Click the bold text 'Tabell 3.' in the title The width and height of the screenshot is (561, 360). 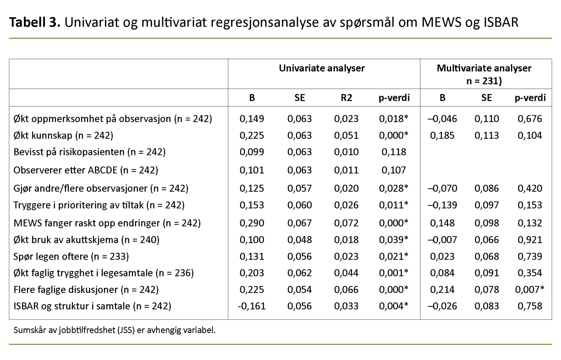[x=34, y=22]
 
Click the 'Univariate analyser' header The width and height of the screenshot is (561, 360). [x=322, y=68]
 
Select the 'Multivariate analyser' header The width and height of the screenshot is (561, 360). [x=484, y=68]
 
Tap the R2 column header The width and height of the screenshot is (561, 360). [x=346, y=98]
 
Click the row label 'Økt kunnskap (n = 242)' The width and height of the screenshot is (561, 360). [x=63, y=135]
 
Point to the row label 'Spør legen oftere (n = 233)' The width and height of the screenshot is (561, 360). [x=71, y=256]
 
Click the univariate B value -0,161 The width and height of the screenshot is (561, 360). [x=251, y=306]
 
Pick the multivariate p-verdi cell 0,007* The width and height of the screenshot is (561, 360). [x=529, y=290]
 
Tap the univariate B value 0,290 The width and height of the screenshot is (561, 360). [x=251, y=223]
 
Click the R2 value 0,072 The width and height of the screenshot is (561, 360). [x=346, y=223]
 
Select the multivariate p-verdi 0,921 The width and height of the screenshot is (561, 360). [x=529, y=240]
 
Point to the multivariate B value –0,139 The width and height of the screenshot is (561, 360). [x=442, y=205]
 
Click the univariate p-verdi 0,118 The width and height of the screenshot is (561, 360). [x=393, y=152]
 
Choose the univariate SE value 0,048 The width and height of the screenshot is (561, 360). [x=299, y=240]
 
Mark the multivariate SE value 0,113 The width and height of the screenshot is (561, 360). [x=486, y=135]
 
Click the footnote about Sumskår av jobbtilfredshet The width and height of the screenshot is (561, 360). [x=114, y=330]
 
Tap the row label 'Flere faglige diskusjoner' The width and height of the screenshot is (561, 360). [x=86, y=290]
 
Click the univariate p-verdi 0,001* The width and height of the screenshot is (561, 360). [x=393, y=273]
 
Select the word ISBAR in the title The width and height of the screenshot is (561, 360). [x=501, y=22]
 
